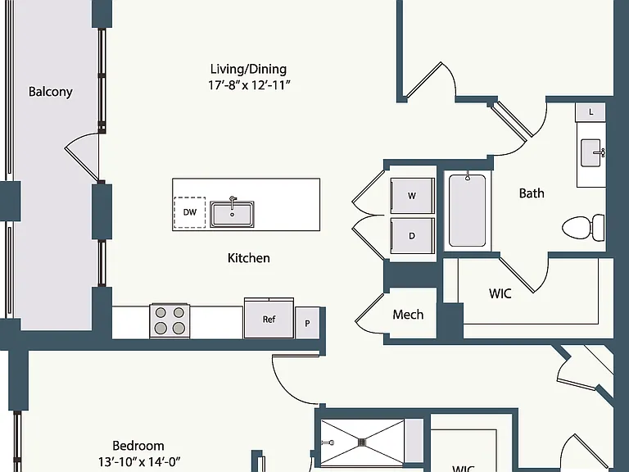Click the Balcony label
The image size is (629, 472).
pyautogui.click(x=51, y=92)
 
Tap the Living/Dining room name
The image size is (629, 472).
pyautogui.click(x=248, y=69)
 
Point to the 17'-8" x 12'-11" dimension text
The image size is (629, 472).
pyautogui.click(x=249, y=85)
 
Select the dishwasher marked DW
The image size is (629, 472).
pyautogui.click(x=190, y=212)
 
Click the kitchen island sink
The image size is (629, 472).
pyautogui.click(x=233, y=214)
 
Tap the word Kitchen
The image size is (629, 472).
pyautogui.click(x=248, y=257)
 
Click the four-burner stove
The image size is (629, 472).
pyautogui.click(x=170, y=320)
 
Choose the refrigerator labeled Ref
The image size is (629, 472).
pyautogui.click(x=269, y=319)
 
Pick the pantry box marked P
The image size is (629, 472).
pyautogui.click(x=307, y=323)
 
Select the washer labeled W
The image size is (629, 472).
pyautogui.click(x=412, y=196)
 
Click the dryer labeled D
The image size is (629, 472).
pyautogui.click(x=412, y=236)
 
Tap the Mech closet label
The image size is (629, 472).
pyautogui.click(x=408, y=315)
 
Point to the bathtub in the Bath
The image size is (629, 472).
pyautogui.click(x=468, y=210)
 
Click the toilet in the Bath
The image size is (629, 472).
pyautogui.click(x=584, y=228)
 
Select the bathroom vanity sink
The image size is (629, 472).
pyautogui.click(x=592, y=152)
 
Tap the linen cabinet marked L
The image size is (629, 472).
pyautogui.click(x=591, y=112)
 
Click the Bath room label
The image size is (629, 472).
pyautogui.click(x=532, y=193)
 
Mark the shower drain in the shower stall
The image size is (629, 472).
pyautogui.click(x=363, y=442)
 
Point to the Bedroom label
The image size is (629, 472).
pyautogui.click(x=138, y=446)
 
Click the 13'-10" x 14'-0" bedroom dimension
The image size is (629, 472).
pyautogui.click(x=139, y=461)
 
